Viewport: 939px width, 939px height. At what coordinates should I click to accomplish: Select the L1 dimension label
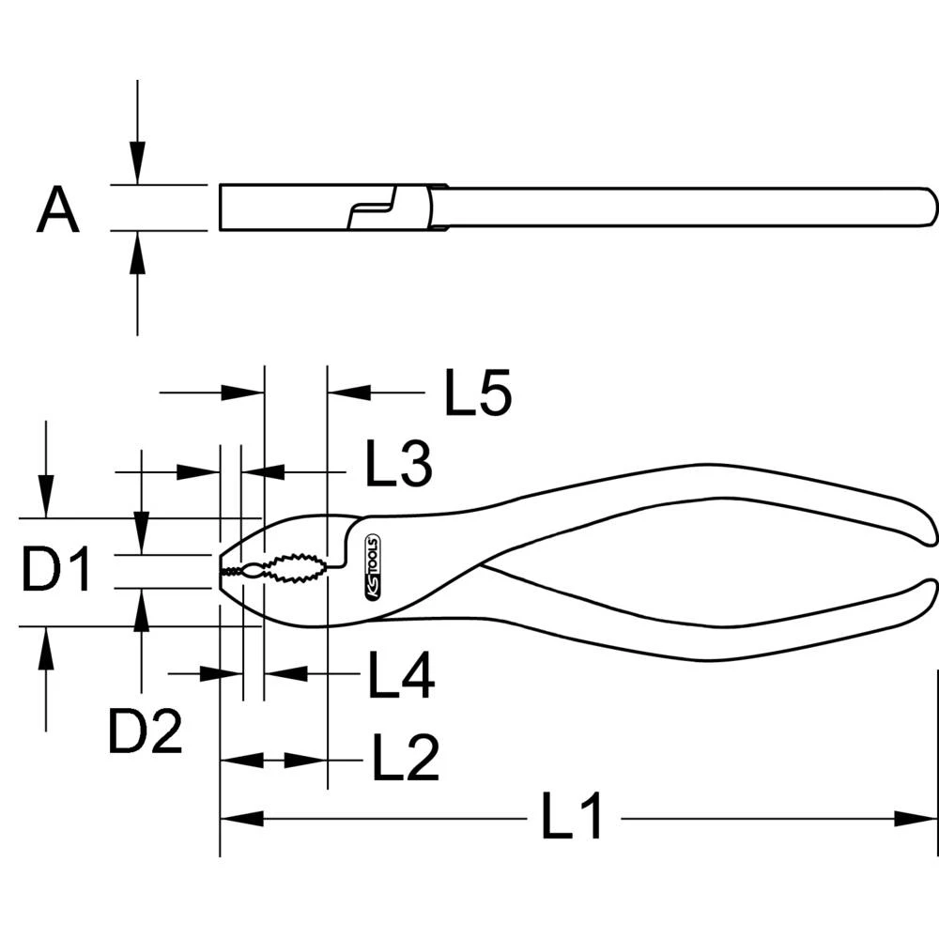(x=572, y=819)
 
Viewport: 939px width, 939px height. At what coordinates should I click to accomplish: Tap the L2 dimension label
(x=405, y=760)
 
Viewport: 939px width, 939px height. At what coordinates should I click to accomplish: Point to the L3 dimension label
(x=398, y=466)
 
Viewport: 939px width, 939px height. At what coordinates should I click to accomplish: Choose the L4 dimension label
(x=400, y=676)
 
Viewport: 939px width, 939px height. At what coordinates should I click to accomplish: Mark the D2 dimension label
(x=145, y=732)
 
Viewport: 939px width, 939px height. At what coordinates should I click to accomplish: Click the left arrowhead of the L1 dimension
(x=239, y=819)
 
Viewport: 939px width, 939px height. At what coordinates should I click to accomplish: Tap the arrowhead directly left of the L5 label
(x=346, y=393)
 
